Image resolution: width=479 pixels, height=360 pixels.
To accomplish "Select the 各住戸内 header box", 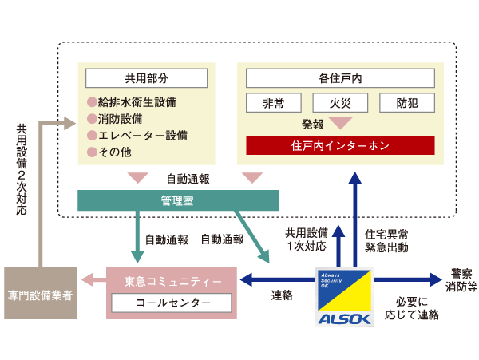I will click(340, 78).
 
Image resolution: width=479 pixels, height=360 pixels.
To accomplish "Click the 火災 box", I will click(339, 103).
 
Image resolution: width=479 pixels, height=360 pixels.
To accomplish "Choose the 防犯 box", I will click(406, 103).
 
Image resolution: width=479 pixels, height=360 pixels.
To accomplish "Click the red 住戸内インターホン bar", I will click(340, 145).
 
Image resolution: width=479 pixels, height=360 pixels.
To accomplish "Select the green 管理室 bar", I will click(178, 199).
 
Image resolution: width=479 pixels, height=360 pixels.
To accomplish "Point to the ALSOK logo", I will click(344, 299).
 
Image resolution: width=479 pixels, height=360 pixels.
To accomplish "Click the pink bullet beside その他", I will click(92, 152).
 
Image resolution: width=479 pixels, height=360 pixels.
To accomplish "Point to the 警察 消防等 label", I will click(460, 279).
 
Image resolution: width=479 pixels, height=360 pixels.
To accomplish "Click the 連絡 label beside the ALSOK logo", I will click(282, 295).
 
